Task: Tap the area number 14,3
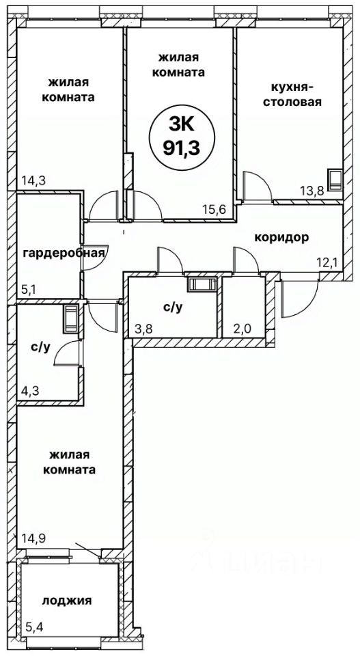[x=32, y=181]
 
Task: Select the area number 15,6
[x=214, y=210]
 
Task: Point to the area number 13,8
[x=311, y=191]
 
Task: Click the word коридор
[x=282, y=238]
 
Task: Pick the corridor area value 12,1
[x=329, y=264]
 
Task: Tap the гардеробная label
[x=64, y=253]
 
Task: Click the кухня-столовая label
[x=292, y=94]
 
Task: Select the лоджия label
[x=67, y=601]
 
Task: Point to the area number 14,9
[x=32, y=537]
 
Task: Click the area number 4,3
[x=29, y=393]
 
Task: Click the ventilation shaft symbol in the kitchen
[x=335, y=180]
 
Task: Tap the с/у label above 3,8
[x=173, y=307]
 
